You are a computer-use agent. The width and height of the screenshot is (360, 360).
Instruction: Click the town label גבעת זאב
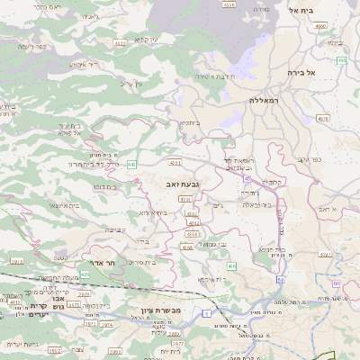[183, 184]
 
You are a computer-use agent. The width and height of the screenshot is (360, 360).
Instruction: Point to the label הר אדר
[105, 263]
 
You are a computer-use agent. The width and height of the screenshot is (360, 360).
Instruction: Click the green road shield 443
[131, 164]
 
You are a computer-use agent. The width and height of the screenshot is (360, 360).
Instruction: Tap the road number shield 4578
[323, 118]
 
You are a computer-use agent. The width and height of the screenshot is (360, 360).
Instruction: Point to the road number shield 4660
[321, 26]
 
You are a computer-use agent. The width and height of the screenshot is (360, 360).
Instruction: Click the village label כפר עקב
[310, 159]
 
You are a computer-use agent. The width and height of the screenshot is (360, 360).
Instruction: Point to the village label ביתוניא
[189, 122]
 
